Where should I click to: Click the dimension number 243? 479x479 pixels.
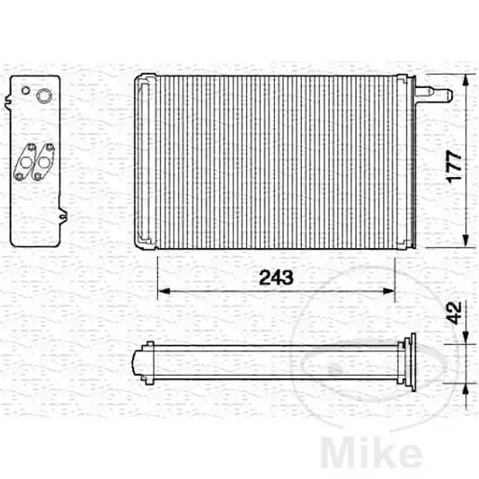point(276,278)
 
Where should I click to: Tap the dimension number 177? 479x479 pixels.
point(454,166)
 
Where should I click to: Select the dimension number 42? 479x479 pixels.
point(454,313)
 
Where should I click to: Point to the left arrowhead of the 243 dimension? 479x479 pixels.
point(164,291)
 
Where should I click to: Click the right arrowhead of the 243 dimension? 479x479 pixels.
point(389,291)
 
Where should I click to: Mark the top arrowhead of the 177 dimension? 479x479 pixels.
point(466,80)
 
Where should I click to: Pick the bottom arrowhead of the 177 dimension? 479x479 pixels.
point(466,241)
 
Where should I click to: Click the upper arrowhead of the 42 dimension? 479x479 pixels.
point(466,339)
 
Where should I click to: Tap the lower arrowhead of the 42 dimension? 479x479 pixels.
point(466,389)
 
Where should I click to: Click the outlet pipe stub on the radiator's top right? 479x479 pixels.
point(434,93)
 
